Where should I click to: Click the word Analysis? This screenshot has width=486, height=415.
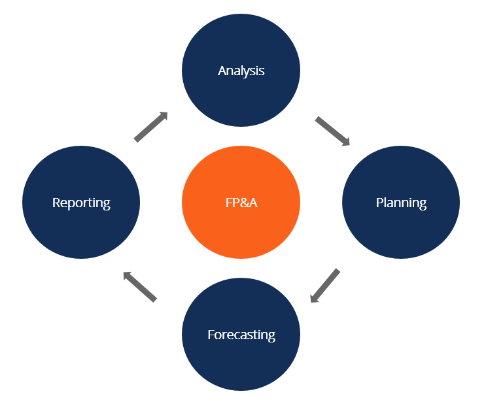pos(241,71)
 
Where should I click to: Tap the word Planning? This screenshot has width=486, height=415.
pos(401,203)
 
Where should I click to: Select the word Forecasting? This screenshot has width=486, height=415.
pos(241,335)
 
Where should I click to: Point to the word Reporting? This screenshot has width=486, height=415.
pos(81,203)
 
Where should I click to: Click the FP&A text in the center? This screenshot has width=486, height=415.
pos(241,203)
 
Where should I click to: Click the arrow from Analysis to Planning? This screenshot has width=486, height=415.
pos(332,131)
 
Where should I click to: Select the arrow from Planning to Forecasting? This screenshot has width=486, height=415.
pos(325,286)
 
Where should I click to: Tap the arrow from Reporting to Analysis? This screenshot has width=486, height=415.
pos(150,127)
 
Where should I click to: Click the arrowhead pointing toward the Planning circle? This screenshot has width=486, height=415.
pos(345,141)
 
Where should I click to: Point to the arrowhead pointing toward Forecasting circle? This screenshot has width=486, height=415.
pos(314,298)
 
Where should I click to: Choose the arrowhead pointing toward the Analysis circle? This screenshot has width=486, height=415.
pos(162,116)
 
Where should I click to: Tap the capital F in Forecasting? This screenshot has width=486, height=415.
pos(211,335)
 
